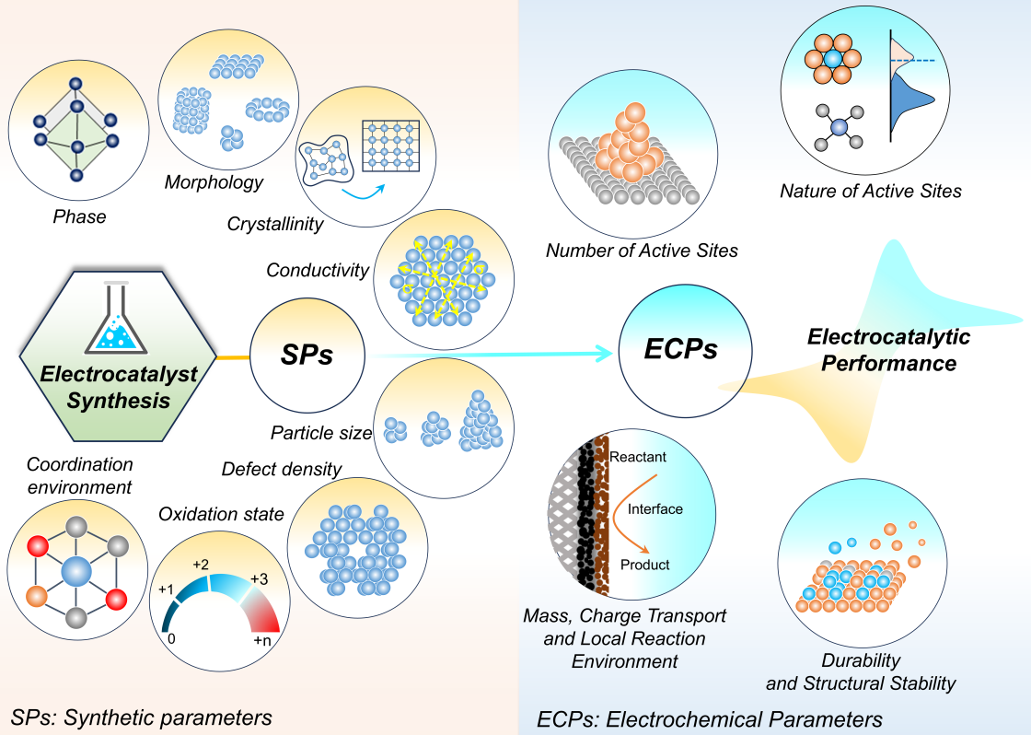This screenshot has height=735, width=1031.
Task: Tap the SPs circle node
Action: point(307,354)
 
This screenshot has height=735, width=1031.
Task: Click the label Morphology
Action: point(214,181)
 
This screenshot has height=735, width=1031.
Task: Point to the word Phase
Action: point(78,217)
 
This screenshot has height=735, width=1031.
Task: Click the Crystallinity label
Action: point(275,224)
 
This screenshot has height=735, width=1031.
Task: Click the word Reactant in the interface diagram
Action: point(637,457)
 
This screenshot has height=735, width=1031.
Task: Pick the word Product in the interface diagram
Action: point(644,565)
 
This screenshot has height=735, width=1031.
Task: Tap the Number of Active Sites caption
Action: point(642,251)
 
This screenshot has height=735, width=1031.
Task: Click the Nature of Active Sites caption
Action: point(870,192)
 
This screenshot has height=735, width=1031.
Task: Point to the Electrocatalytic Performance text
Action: point(888,350)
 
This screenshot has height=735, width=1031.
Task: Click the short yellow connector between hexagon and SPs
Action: point(232,355)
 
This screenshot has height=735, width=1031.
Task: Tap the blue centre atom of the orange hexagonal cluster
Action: point(833,58)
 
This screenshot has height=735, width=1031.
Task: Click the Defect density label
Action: point(282,469)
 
